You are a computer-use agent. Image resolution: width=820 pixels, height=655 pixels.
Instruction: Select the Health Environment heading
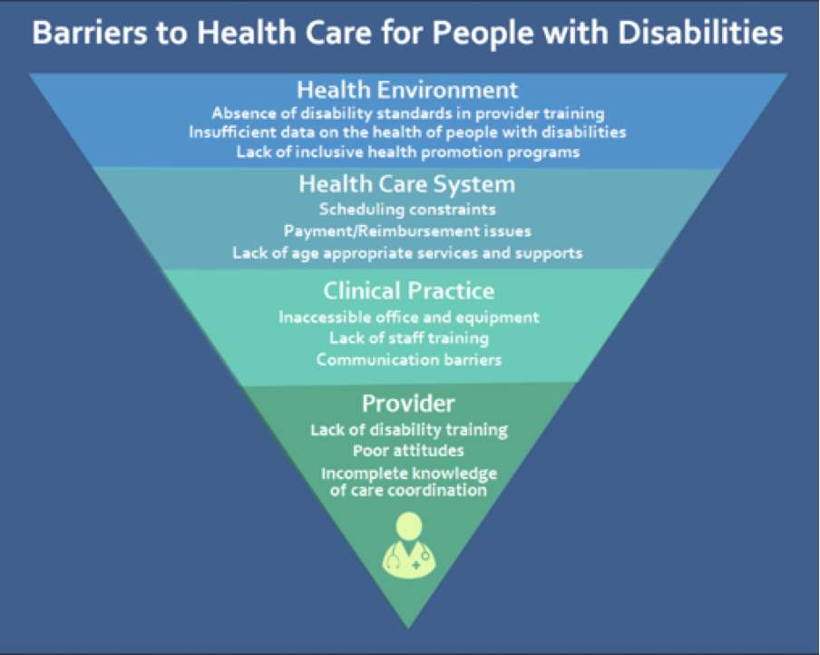coord(407,90)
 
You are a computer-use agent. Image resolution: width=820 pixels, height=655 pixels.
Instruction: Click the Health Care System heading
coord(407,185)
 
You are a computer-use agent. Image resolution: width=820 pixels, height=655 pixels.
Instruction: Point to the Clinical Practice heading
coord(409,291)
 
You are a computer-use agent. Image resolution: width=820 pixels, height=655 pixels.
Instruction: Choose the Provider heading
coord(408,404)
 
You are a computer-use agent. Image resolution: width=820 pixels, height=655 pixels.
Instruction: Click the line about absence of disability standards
coord(408,113)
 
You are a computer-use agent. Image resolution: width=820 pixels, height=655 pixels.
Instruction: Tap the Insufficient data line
coord(407,132)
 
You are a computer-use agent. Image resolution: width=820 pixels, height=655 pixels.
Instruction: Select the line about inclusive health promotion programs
coord(408,152)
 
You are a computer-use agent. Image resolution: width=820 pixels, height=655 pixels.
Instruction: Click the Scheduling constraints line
coord(407,210)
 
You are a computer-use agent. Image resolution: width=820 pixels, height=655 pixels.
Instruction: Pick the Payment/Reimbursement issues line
coord(407,231)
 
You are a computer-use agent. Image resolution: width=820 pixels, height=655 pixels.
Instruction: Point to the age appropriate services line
coord(407,253)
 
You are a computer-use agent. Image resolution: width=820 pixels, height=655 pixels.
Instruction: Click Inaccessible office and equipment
coord(409,318)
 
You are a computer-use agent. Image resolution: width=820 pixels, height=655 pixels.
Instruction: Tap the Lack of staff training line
coord(409,338)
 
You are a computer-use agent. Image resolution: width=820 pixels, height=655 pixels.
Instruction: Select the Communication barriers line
coord(409,360)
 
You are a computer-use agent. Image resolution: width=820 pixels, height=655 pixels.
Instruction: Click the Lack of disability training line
coord(409,430)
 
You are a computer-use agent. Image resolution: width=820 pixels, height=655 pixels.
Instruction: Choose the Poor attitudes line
coord(408,451)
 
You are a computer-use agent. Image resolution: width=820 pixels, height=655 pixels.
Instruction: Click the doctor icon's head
coord(409,526)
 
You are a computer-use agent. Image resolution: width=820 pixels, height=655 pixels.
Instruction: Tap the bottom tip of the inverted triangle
coord(408,628)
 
